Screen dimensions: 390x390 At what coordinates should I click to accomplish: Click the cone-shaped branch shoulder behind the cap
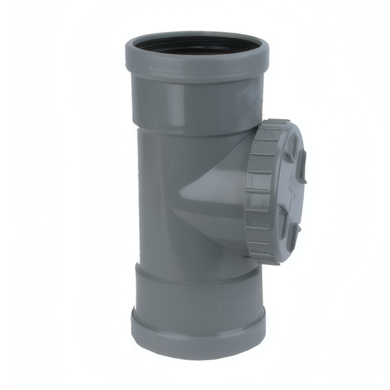click(211, 191)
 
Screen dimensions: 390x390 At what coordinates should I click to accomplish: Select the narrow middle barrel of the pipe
click(156, 195)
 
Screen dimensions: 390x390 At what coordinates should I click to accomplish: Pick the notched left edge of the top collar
click(127, 58)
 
